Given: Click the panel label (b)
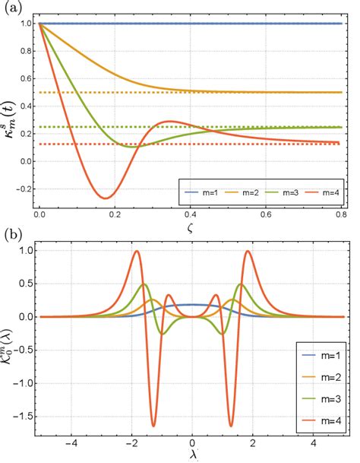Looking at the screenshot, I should tap(11, 235).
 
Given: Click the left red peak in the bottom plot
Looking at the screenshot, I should tap(137, 251).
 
